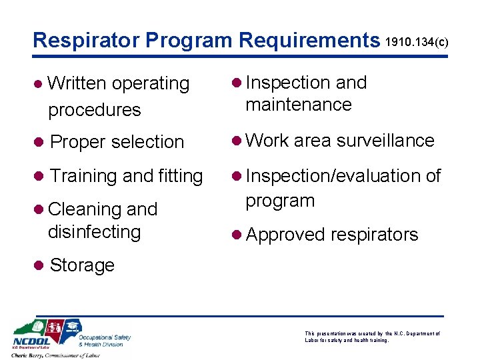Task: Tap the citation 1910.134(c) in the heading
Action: pos(418,43)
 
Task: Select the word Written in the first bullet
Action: pos(77,83)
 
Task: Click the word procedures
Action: pos(95,109)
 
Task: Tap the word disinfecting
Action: pos(95,232)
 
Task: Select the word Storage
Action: pos(82,265)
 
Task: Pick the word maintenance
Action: pos(298,105)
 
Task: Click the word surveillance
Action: pos(385,141)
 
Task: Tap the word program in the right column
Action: pos(279,201)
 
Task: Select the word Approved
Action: pos(285,235)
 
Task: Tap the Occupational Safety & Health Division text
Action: pos(104,340)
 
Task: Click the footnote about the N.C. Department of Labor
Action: pos(372,336)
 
